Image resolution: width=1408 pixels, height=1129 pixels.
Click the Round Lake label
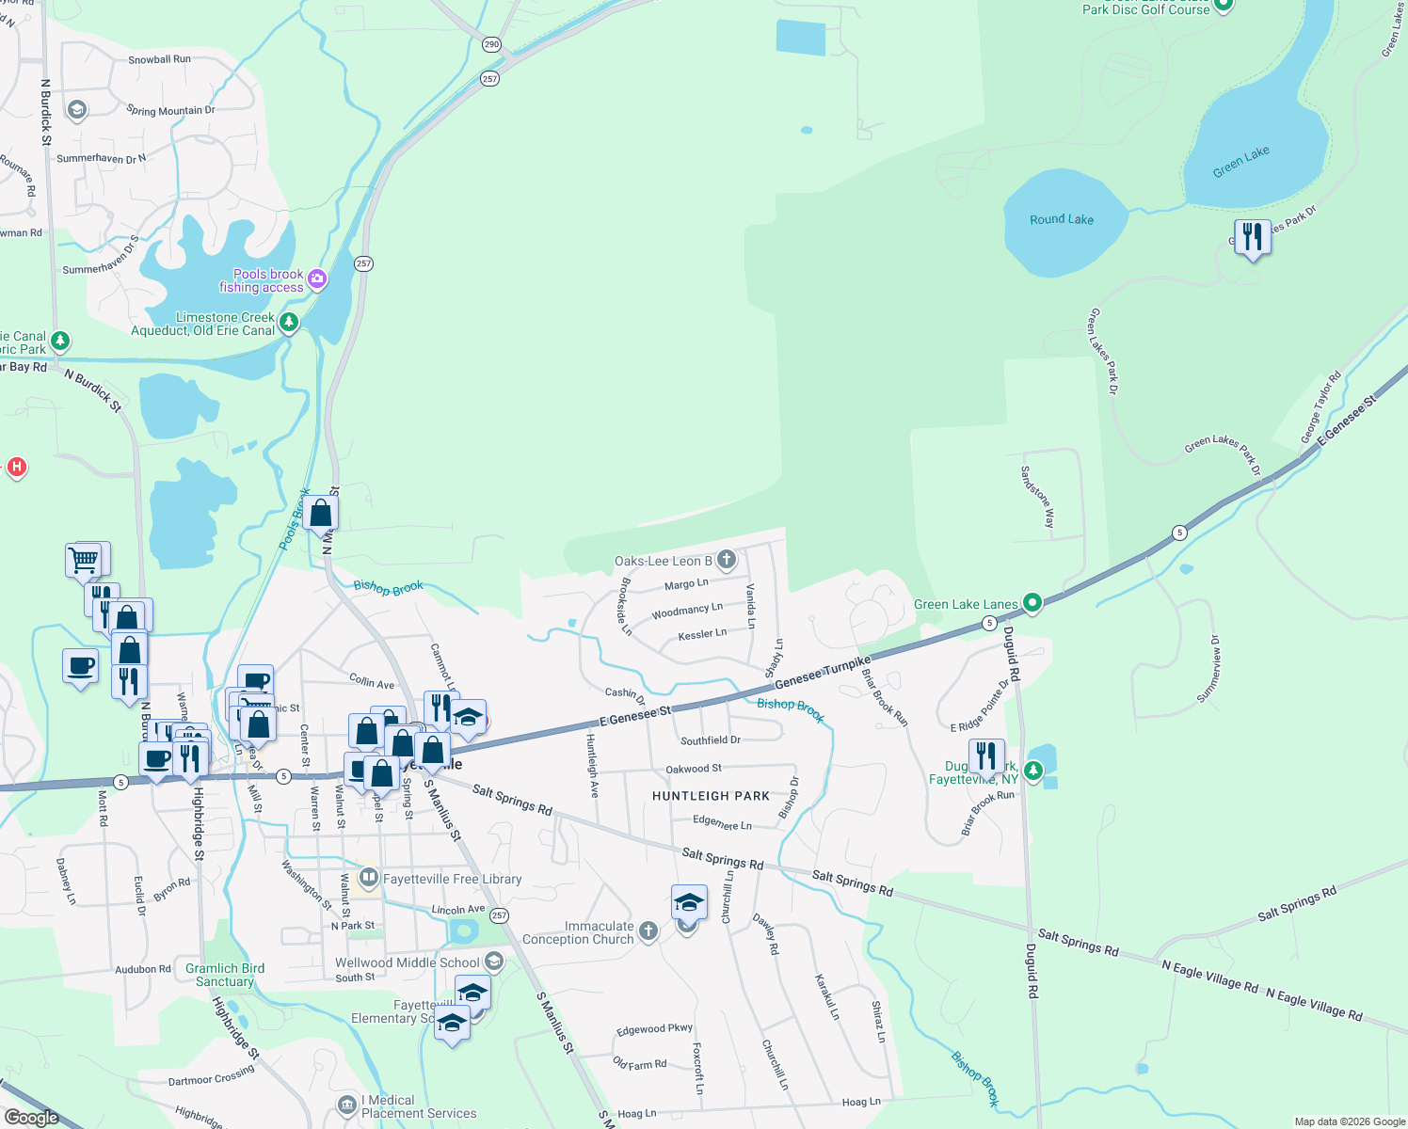[x=1062, y=219]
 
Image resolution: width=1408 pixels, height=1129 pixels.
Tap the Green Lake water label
[x=1240, y=162]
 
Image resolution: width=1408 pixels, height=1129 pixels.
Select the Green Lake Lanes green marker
[x=1032, y=603]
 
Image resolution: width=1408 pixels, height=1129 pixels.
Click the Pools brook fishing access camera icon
[x=317, y=278]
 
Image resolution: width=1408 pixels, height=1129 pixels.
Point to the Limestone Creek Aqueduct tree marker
[x=289, y=323]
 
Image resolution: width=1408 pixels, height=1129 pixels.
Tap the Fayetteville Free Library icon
[x=369, y=879]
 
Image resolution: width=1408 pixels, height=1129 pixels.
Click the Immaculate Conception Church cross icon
[x=648, y=931]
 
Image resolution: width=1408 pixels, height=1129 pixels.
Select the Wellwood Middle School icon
[x=494, y=962]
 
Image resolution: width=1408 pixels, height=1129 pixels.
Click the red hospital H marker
[x=16, y=467]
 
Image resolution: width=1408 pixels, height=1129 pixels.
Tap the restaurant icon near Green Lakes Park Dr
[x=1252, y=237]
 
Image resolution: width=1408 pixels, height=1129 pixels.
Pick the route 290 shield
[x=491, y=44]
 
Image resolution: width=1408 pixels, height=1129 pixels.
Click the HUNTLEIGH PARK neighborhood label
[x=711, y=796]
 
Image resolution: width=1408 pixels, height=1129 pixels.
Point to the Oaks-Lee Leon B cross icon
[x=726, y=560]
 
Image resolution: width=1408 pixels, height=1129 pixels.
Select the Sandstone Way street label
[x=1038, y=496]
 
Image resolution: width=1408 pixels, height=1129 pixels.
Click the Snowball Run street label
[x=159, y=59]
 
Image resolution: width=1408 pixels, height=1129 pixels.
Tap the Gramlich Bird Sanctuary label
[x=225, y=975]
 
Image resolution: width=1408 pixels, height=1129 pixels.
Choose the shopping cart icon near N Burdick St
[x=84, y=560]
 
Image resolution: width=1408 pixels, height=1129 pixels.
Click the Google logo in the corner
[x=32, y=1117]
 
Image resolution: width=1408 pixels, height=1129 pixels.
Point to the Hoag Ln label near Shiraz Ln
[x=861, y=1102]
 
